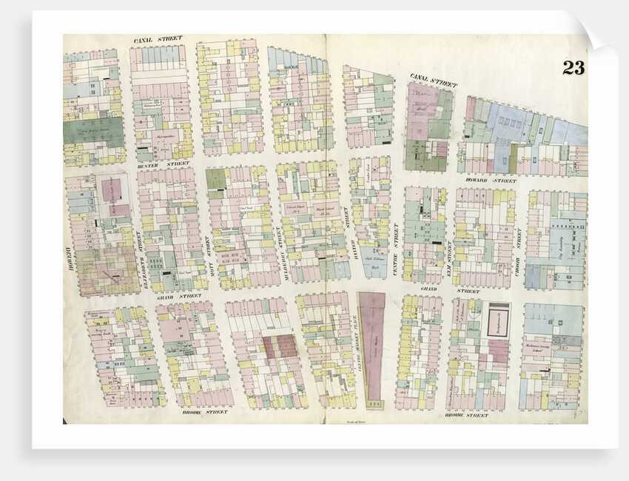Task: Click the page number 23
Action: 573,67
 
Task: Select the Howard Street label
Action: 495,180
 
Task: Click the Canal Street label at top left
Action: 158,38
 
